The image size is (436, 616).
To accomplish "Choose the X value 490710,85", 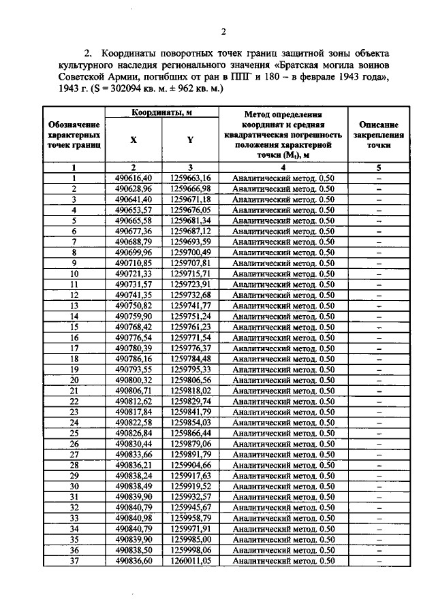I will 134,263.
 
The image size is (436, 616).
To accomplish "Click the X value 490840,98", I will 134,518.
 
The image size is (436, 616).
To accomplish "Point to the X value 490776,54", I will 134,338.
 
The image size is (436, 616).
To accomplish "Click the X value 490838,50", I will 134,549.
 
